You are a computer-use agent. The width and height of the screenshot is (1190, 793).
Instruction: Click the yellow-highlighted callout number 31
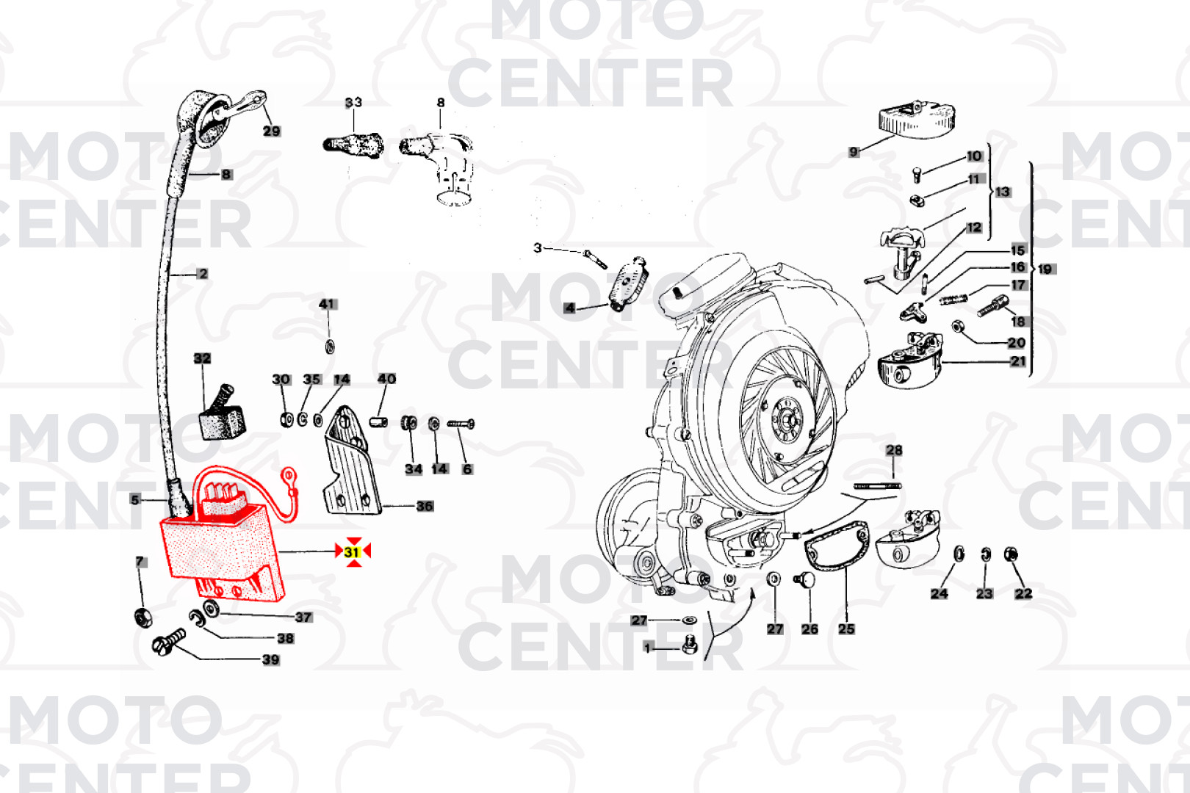352,552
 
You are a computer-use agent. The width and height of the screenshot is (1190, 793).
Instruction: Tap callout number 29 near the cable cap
272,131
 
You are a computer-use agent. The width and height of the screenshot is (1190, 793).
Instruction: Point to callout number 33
354,102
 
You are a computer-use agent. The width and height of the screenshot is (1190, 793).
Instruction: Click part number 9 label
853,152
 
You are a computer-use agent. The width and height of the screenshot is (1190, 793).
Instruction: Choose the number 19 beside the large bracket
1045,269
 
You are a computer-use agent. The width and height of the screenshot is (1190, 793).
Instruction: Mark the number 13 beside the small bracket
1003,192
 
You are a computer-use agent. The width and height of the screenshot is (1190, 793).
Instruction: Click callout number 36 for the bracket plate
425,506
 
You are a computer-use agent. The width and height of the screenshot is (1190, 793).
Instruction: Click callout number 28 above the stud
894,450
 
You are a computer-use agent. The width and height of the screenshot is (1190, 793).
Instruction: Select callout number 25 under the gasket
846,629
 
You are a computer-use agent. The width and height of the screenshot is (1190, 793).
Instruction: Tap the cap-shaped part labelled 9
917,120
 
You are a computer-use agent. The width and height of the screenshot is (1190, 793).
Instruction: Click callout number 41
328,304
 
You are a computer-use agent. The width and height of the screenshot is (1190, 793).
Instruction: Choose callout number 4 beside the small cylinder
569,308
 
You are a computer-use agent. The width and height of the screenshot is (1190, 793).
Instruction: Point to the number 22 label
1023,594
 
